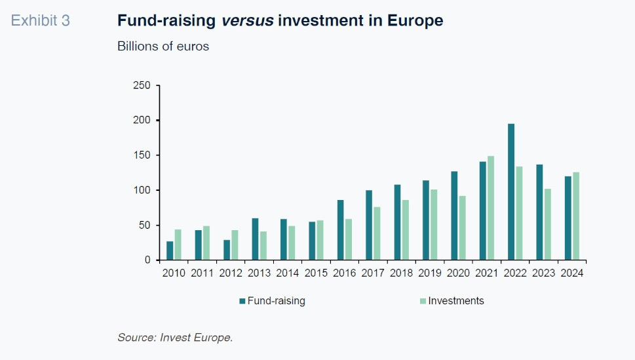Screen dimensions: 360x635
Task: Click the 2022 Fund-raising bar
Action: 511,191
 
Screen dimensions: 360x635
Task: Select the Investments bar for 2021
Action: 491,208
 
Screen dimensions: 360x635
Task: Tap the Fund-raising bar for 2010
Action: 170,250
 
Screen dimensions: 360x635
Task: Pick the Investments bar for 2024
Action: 576,216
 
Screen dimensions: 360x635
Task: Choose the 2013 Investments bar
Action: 263,245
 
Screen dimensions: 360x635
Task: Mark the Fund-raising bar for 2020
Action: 454,216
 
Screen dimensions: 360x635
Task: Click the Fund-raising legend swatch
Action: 242,301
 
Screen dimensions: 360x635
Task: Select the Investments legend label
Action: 456,301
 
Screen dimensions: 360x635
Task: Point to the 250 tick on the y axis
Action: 142,86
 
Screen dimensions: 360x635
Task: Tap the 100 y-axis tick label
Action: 142,190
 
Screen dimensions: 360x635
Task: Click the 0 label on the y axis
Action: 147,260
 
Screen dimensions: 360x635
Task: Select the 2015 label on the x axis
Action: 316,273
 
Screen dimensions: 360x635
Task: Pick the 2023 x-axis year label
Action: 544,273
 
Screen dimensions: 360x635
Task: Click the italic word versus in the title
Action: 247,21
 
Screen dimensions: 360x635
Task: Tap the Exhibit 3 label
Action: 41,21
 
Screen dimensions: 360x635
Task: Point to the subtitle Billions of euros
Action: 163,47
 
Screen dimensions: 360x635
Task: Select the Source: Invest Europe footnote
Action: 175,338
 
